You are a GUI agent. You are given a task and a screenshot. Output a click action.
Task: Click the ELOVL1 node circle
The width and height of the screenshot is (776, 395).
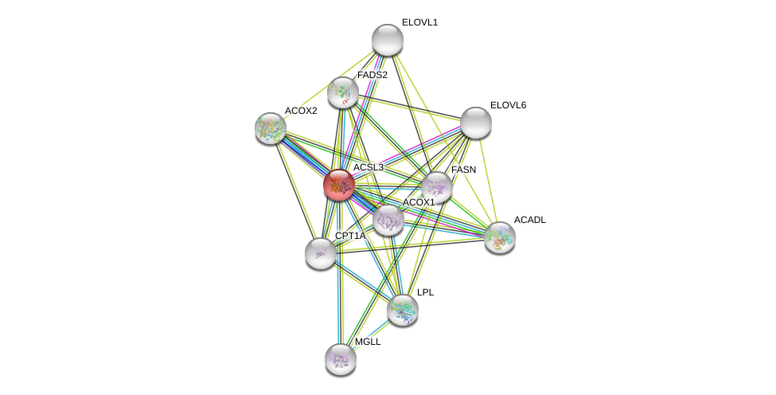click(388, 40)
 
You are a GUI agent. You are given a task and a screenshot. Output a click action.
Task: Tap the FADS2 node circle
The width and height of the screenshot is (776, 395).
click(343, 92)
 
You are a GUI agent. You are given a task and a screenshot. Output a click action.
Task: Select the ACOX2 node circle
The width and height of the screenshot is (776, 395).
click(271, 127)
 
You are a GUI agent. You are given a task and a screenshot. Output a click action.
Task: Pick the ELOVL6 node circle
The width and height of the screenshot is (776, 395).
click(476, 122)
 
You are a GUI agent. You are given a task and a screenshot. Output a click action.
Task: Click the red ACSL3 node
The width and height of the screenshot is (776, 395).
click(339, 185)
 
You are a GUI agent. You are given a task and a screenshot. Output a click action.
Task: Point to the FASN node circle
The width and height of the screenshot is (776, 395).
click(437, 187)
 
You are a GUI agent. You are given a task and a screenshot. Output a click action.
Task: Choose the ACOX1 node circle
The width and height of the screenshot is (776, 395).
click(388, 220)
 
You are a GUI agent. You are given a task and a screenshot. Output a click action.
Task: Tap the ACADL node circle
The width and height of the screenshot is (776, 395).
click(500, 237)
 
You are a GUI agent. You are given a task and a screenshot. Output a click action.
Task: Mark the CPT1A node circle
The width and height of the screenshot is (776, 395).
click(321, 253)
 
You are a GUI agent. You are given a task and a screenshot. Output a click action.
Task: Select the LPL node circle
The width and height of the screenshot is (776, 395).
click(403, 310)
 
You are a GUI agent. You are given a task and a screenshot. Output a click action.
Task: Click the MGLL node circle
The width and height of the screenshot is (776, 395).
click(341, 359)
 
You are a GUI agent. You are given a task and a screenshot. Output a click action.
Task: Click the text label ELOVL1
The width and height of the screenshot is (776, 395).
click(419, 22)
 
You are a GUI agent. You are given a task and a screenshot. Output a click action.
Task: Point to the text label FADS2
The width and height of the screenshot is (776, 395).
click(372, 75)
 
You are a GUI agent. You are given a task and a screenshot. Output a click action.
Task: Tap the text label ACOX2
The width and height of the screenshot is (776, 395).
click(301, 111)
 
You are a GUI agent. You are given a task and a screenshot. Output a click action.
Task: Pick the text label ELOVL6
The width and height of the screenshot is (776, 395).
click(508, 105)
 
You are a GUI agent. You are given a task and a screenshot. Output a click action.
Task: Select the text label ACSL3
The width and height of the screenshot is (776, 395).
click(368, 167)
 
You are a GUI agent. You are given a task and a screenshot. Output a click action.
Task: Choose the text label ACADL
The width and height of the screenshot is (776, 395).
click(530, 220)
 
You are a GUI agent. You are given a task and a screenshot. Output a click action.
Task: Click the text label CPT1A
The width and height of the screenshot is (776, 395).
click(350, 236)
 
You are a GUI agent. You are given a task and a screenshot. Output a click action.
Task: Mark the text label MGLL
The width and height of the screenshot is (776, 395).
click(368, 342)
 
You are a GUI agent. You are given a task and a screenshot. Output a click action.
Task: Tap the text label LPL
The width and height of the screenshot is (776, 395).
click(426, 292)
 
